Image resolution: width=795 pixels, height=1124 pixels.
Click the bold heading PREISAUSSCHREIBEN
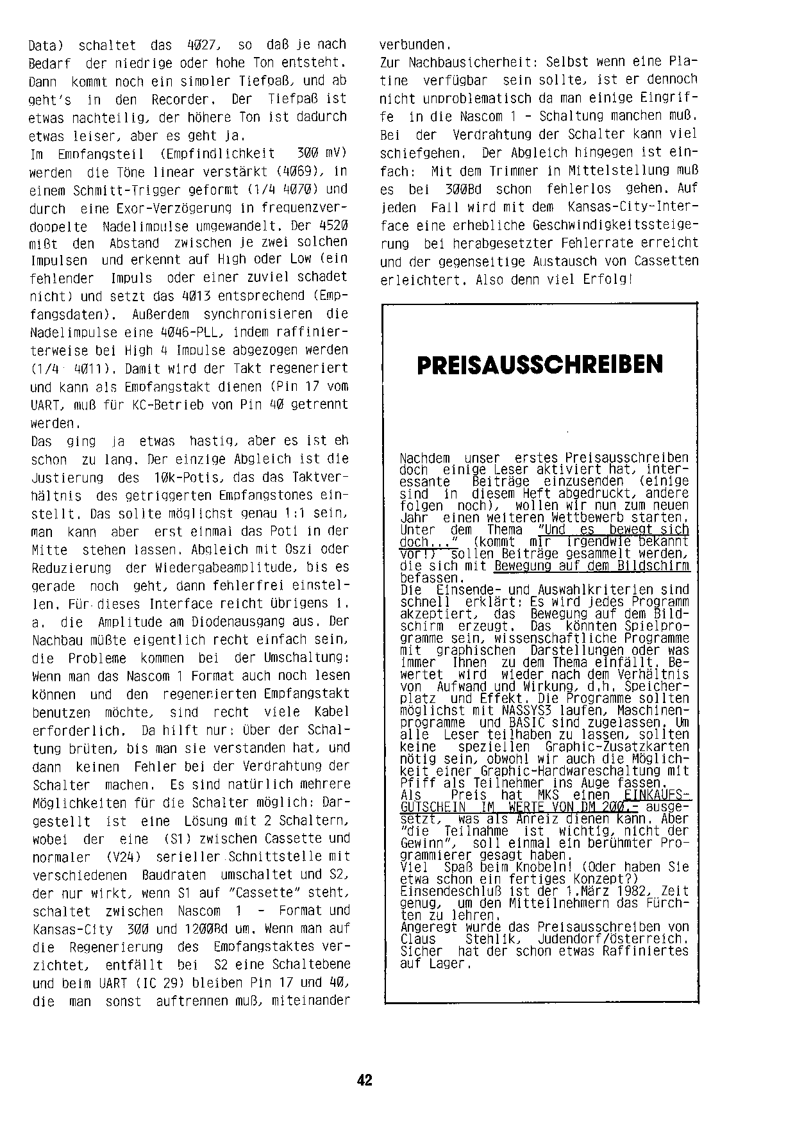(x=540, y=365)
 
